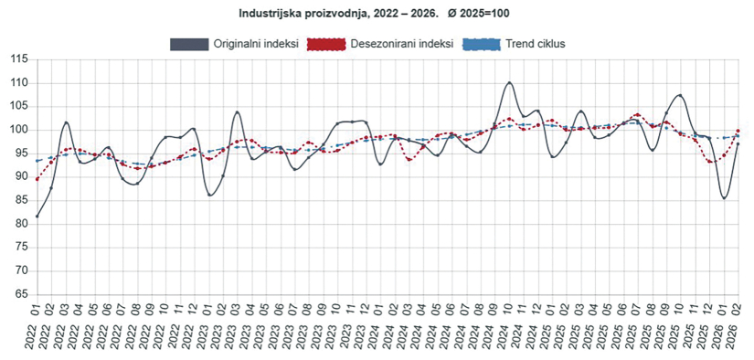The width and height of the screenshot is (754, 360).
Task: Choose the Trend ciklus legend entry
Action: tap(536, 44)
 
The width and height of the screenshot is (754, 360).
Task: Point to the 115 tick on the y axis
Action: tap(17, 59)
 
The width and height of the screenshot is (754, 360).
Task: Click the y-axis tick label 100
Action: tap(17, 130)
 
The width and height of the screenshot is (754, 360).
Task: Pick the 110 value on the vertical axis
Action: tap(17, 83)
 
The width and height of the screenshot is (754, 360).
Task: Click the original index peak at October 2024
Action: tap(509, 82)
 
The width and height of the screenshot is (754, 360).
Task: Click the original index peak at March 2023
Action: tap(238, 111)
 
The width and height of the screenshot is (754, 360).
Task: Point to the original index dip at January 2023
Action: tap(209, 195)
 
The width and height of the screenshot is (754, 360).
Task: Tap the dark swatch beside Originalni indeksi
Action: tap(189, 44)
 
